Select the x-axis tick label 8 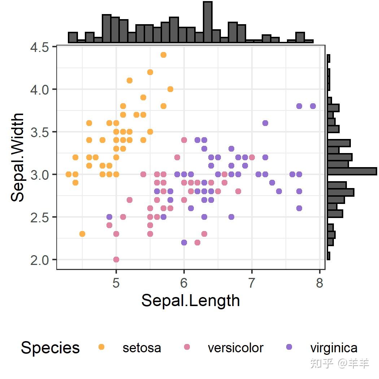(319, 283)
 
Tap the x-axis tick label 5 (116, 283)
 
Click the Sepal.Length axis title (190, 301)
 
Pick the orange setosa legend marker (101, 347)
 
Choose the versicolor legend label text (235, 348)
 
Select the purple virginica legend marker (289, 347)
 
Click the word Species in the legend (50, 348)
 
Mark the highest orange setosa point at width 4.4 (164, 55)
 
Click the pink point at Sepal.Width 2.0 (116, 260)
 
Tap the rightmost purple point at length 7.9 (313, 106)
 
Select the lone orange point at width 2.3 (82, 234)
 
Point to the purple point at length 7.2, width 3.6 (265, 123)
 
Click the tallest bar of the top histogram (207, 22)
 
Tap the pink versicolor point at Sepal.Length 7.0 (252, 157)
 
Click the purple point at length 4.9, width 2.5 (109, 217)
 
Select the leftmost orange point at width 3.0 (69, 174)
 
